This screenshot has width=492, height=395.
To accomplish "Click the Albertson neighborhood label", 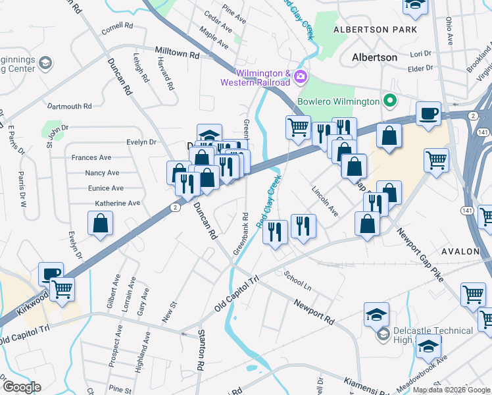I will point(374,57).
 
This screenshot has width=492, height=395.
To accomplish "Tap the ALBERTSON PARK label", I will point(375,30).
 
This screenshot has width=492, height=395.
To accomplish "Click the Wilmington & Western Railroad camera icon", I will point(301,77).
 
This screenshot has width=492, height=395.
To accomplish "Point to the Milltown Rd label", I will point(177,52).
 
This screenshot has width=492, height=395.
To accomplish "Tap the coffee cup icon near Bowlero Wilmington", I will point(429,113).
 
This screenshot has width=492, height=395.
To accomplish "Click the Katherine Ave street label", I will point(118,203).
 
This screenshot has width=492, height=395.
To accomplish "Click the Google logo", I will point(21,386).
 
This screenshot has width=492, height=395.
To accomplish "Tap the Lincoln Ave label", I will point(325,201).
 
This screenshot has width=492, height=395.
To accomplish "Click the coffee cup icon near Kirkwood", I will point(51,273).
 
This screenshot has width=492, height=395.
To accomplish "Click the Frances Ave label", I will point(91,157).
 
